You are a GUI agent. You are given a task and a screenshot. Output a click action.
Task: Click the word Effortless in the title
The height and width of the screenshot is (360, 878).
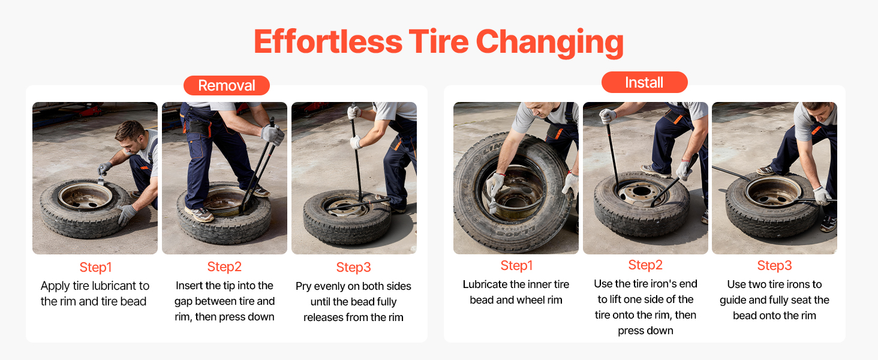click(x=328, y=41)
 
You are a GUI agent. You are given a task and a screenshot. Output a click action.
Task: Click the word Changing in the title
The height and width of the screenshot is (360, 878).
click(x=549, y=43)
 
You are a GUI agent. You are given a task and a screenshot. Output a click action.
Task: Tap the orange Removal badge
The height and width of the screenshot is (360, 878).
click(x=227, y=85)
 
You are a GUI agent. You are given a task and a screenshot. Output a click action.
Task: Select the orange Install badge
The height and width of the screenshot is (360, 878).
click(x=644, y=82)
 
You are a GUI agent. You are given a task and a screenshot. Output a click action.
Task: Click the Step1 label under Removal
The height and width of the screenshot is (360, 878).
click(x=95, y=267)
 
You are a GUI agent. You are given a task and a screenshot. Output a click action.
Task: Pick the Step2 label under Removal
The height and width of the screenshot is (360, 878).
click(x=224, y=266)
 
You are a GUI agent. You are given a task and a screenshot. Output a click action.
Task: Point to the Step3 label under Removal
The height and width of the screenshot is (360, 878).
click(x=354, y=267)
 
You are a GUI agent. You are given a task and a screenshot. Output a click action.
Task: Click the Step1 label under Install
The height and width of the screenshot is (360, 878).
click(x=516, y=265)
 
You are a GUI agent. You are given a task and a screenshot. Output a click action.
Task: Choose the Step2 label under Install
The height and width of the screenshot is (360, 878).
click(x=645, y=265)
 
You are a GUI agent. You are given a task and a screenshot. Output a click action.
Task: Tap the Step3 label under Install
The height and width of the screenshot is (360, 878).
click(x=774, y=265)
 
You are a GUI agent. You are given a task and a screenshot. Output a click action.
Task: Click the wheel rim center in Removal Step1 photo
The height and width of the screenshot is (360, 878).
click(x=85, y=196)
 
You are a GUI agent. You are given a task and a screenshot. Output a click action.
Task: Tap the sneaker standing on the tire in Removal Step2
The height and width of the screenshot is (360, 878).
click(x=200, y=214)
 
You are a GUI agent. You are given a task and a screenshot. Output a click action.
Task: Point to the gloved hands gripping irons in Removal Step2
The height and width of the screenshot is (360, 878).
click(x=273, y=134)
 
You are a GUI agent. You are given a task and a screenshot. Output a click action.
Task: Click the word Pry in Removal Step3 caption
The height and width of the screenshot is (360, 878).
click(x=303, y=287)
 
